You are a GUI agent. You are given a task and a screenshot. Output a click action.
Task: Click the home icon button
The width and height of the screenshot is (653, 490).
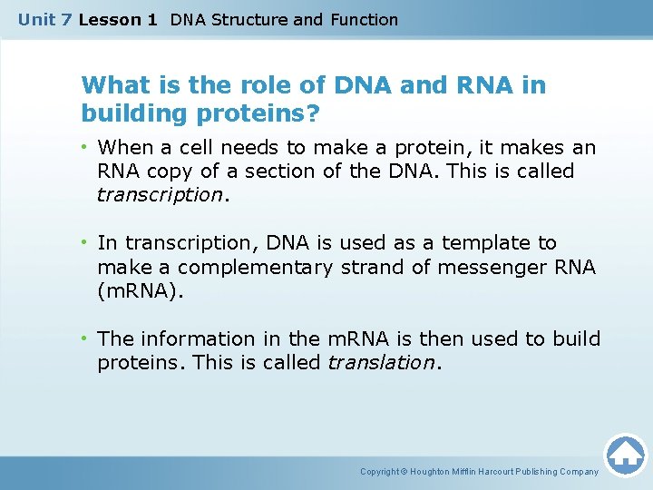point(625,456)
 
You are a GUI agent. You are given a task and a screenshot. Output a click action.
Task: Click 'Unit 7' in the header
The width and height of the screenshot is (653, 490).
point(45,19)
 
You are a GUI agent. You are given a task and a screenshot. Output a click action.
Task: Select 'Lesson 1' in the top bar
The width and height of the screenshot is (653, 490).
point(118,19)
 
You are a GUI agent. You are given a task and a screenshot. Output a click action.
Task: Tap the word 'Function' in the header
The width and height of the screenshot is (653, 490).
point(364,19)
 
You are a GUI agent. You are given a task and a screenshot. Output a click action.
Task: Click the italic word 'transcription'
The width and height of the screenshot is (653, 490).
point(160,194)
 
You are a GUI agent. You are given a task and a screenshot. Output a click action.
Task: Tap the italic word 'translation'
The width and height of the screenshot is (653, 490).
point(381,363)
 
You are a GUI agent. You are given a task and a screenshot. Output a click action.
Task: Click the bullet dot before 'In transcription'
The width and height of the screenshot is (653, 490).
point(86,242)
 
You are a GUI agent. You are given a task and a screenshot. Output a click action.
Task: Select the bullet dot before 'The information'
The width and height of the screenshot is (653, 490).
point(86,338)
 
